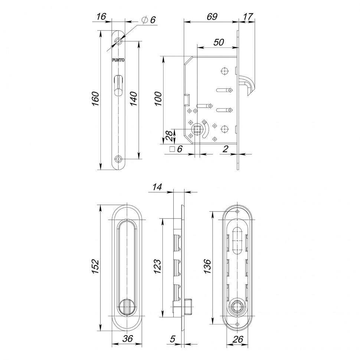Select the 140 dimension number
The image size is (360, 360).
coord(133,99)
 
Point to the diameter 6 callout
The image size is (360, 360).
coord(148,21)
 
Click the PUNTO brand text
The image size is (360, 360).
coord(118,60)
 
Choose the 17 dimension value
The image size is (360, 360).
coord(248,16)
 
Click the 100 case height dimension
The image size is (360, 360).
coord(158,100)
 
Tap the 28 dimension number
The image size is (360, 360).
coord(169,137)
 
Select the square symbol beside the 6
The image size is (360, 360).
coord(171,149)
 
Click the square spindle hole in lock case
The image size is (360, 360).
coord(197,129)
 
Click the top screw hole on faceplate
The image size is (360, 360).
coord(118,41)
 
